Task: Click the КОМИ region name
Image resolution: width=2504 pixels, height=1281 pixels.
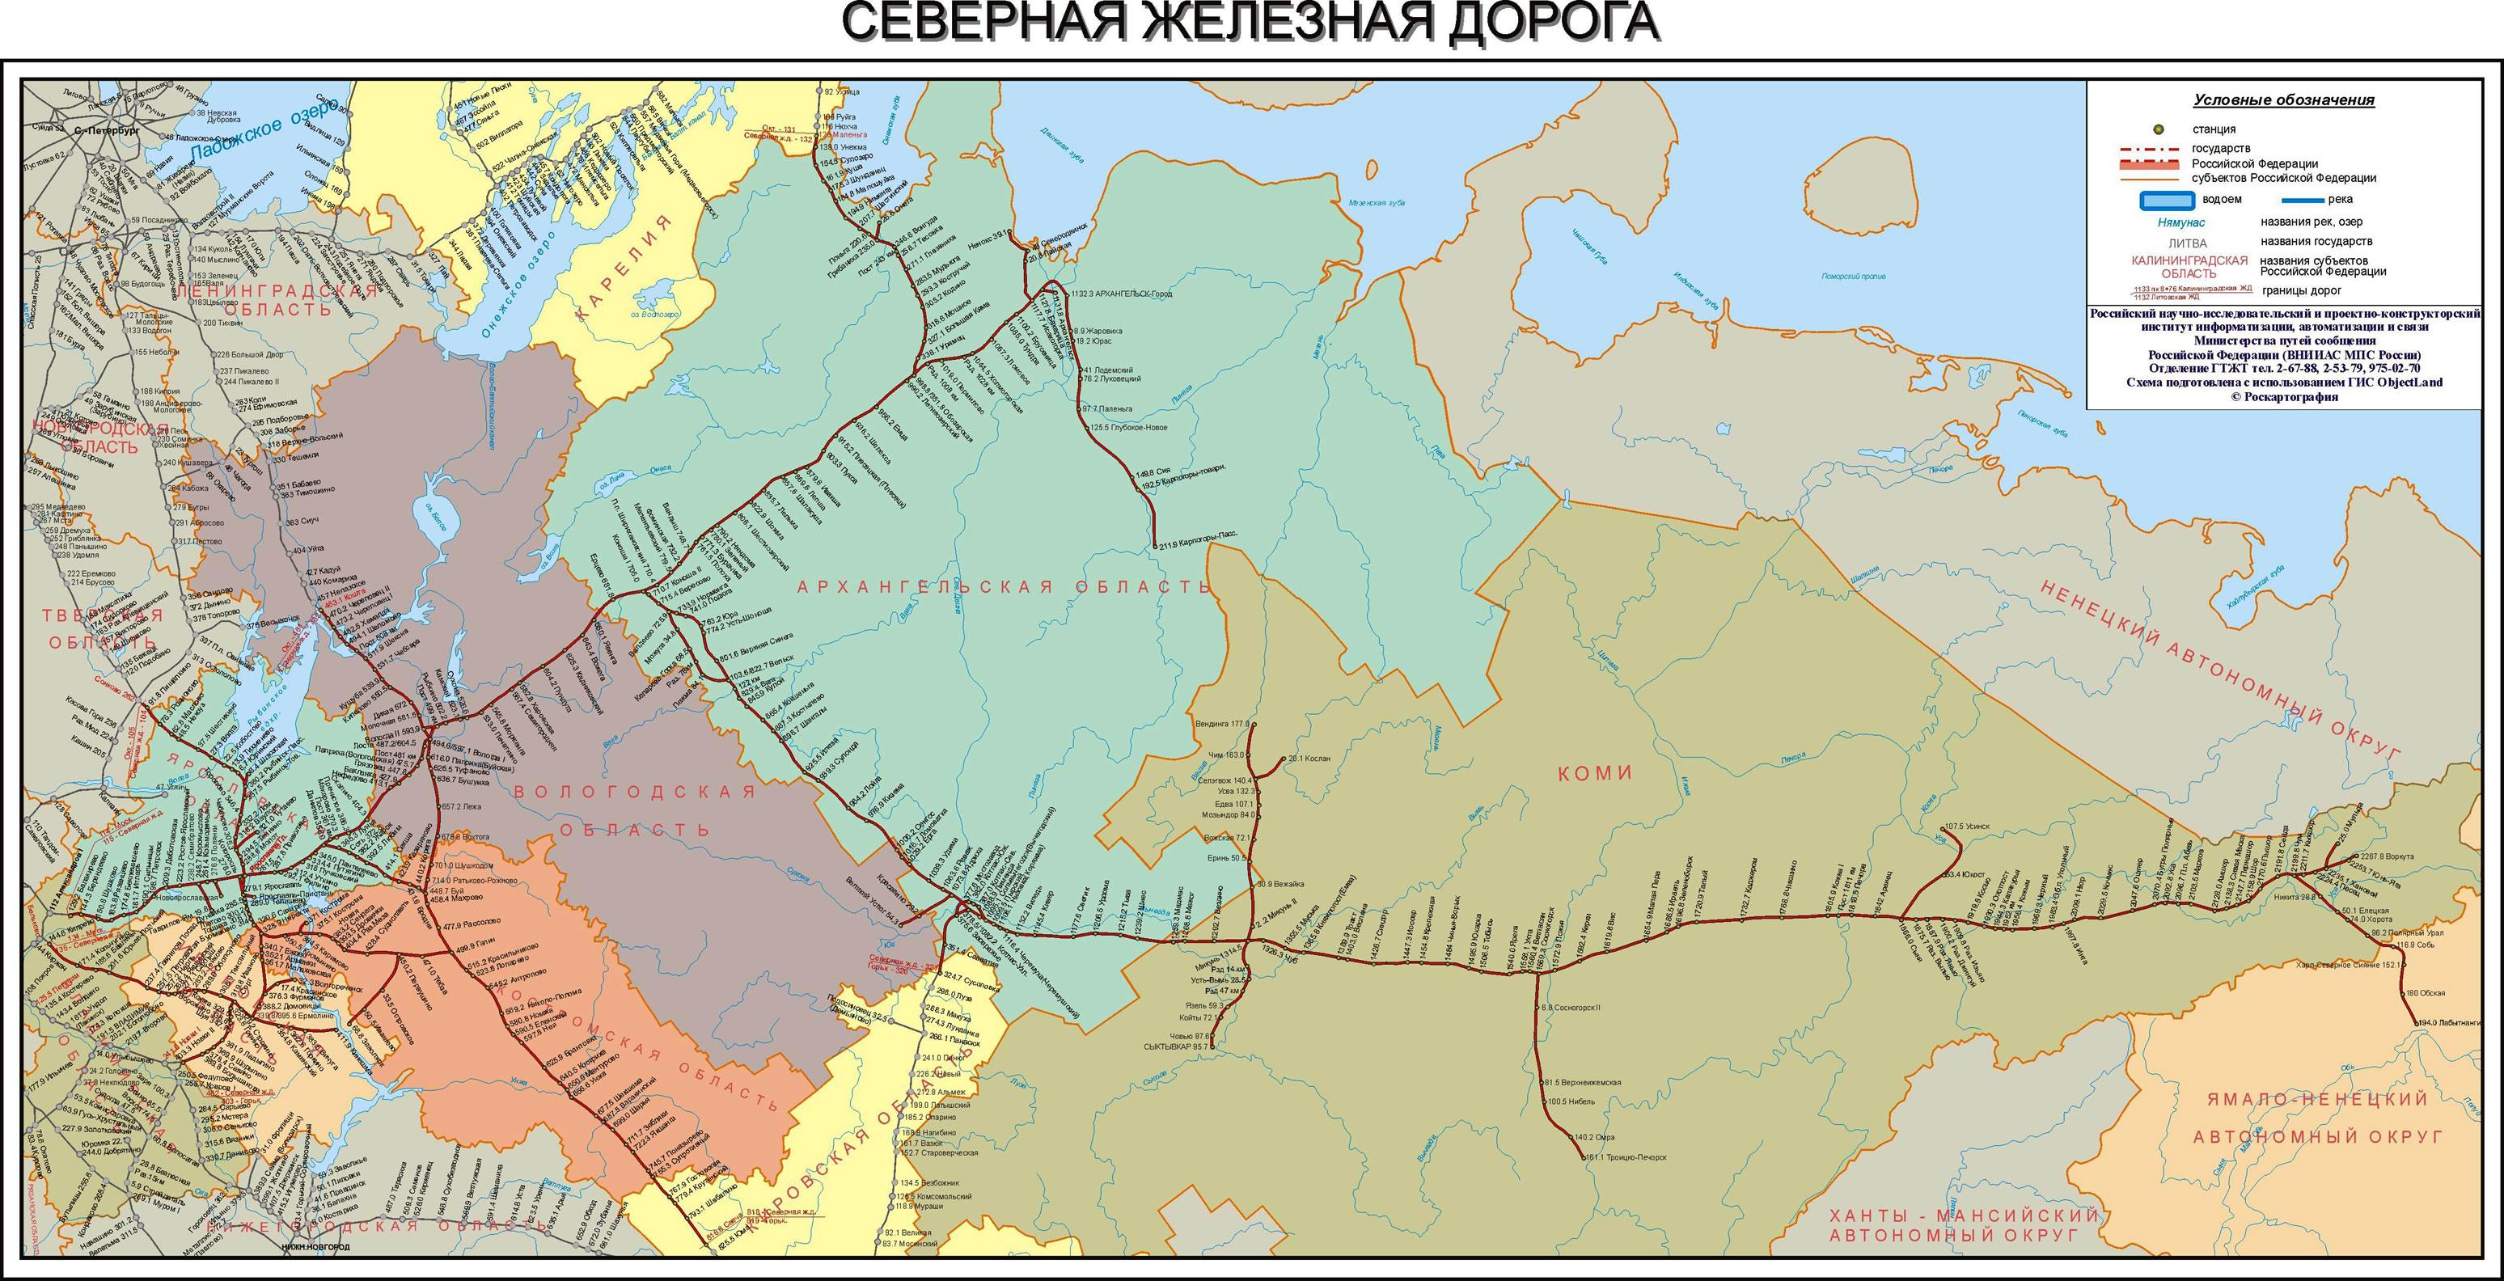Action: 1595,774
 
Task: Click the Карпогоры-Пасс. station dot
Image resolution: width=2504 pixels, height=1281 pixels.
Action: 1154,544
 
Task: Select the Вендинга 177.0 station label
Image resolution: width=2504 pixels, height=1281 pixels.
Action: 1222,724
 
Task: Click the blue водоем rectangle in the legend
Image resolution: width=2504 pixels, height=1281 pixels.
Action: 2167,201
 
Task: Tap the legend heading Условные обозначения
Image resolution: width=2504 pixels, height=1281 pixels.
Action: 2283,100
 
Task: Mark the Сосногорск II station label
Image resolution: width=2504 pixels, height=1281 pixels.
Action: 1576,1008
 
